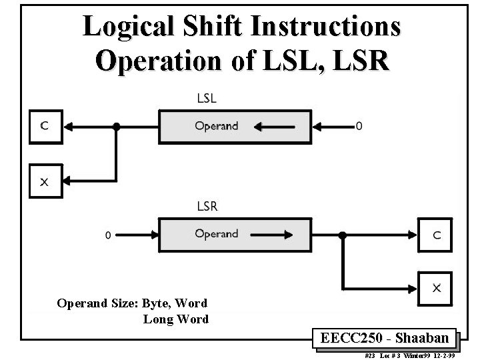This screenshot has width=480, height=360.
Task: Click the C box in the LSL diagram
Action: click(45, 127)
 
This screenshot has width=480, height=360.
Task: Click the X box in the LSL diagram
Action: click(45, 181)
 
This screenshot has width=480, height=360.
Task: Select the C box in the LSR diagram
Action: click(435, 235)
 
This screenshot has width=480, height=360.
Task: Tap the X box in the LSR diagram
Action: click(435, 289)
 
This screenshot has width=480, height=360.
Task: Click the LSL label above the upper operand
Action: click(207, 98)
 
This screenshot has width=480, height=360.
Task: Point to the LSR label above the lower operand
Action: click(207, 206)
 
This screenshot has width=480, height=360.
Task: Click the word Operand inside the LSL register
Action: click(216, 125)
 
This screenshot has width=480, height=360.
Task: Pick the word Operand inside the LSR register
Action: click(216, 234)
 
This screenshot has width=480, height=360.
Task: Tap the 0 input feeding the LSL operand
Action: click(360, 126)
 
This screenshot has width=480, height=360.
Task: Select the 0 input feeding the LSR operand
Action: click(108, 235)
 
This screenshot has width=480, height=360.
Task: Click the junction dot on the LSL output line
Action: click(117, 126)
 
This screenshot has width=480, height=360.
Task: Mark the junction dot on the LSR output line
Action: click(342, 235)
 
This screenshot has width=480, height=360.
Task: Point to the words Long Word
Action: click(175, 319)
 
